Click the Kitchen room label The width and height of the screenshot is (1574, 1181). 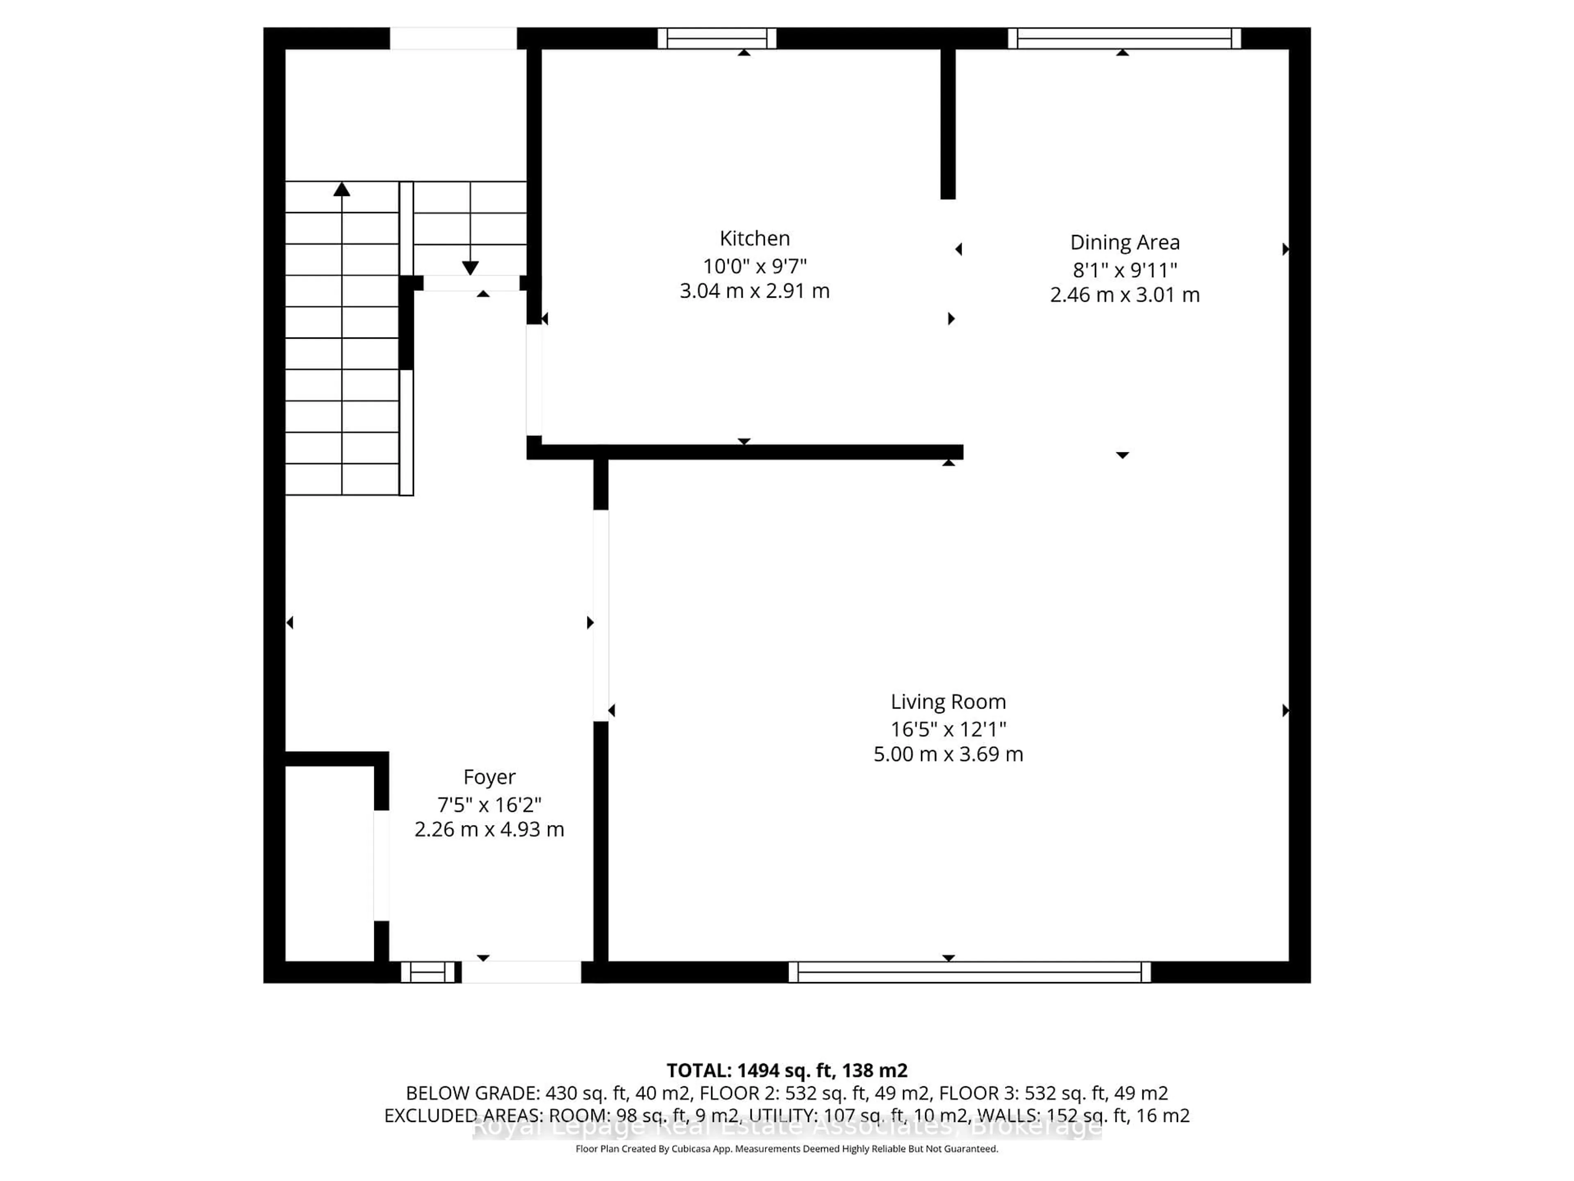[x=754, y=239]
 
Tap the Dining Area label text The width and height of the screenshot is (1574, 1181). [x=1124, y=243]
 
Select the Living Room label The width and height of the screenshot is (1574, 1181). [x=948, y=702]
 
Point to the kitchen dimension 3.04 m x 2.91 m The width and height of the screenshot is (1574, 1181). [x=754, y=291]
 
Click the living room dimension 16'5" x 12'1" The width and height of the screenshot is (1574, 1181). [x=948, y=729]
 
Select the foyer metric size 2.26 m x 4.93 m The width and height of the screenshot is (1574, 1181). [x=489, y=829]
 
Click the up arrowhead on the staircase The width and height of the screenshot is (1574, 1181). [x=341, y=189]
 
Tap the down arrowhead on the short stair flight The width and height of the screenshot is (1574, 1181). [x=470, y=268]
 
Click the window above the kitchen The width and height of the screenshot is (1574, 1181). [x=716, y=39]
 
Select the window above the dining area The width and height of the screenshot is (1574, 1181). [x=1124, y=39]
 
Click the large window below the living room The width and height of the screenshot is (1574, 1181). [x=969, y=972]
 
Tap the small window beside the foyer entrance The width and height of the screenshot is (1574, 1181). [x=428, y=972]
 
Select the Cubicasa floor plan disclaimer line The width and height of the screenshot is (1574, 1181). [x=786, y=1149]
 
